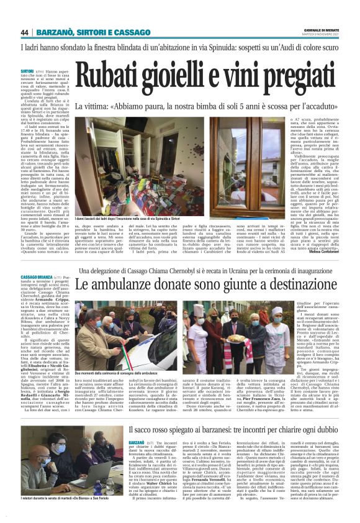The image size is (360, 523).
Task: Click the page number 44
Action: point(25,32)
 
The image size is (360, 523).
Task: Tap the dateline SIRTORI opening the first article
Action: point(27,72)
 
